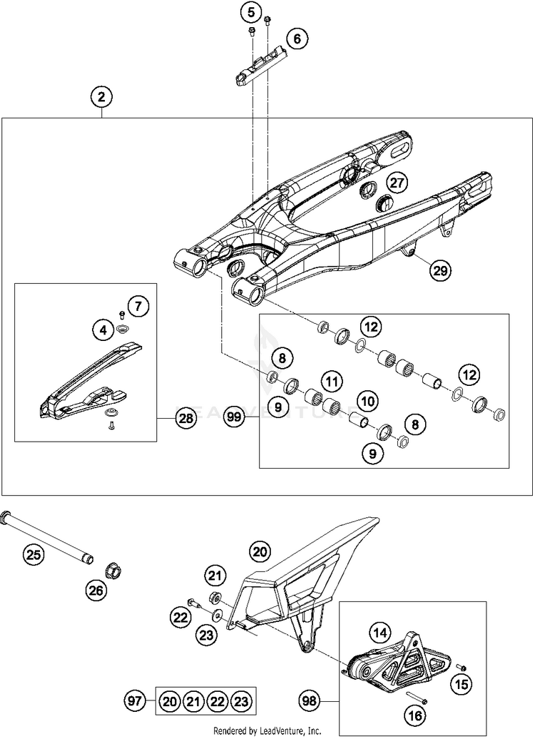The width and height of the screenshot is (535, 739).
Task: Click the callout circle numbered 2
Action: point(102,96)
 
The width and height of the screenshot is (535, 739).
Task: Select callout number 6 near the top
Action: point(297,38)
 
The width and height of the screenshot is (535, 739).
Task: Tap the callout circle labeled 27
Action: point(397,183)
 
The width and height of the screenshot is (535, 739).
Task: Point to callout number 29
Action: point(440,270)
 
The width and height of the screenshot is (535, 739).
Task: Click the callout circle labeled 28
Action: point(186,419)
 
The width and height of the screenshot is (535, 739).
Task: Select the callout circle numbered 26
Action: point(96,590)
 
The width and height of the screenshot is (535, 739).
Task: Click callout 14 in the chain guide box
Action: point(380,632)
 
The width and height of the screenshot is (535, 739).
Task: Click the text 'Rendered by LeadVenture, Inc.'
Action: point(267,731)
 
